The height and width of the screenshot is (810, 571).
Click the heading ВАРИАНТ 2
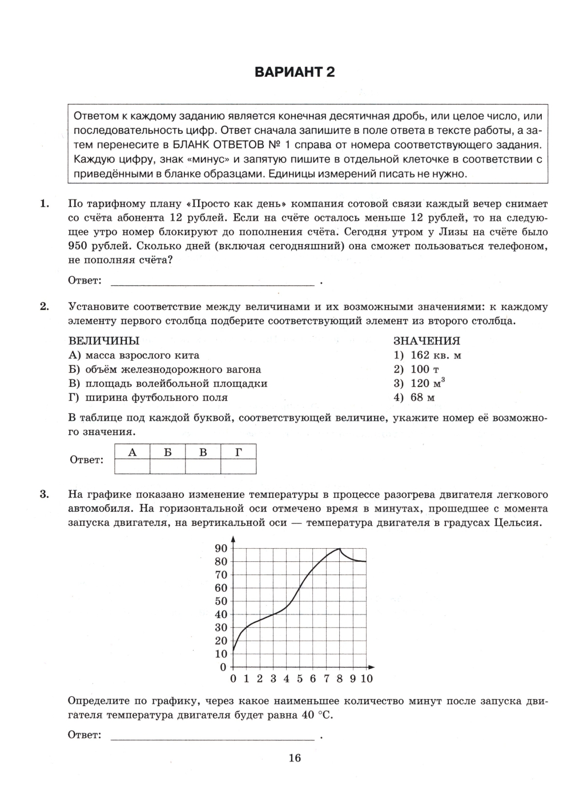[295, 72]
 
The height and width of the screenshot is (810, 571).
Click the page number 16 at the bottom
[295, 758]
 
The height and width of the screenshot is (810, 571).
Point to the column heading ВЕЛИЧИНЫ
[103, 341]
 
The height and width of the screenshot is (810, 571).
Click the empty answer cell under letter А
[132, 467]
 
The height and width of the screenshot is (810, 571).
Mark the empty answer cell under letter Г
[238, 467]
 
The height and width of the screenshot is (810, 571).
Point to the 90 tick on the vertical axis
[221, 548]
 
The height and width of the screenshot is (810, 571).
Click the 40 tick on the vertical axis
[221, 615]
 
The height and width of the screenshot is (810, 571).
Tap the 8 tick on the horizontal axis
[340, 679]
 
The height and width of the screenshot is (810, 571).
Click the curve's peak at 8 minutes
[340, 549]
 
